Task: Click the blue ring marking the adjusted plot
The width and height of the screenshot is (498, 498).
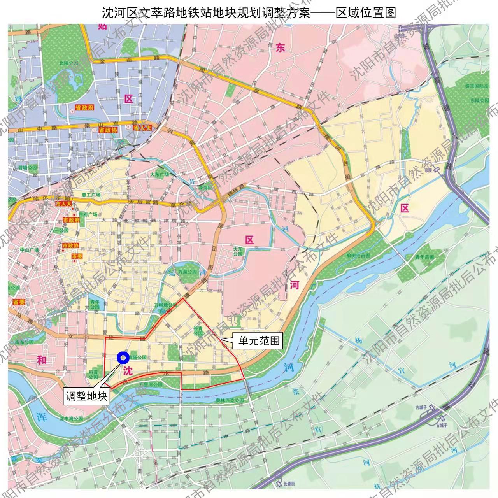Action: click(123, 358)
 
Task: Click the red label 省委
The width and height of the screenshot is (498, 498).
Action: click(18, 302)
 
